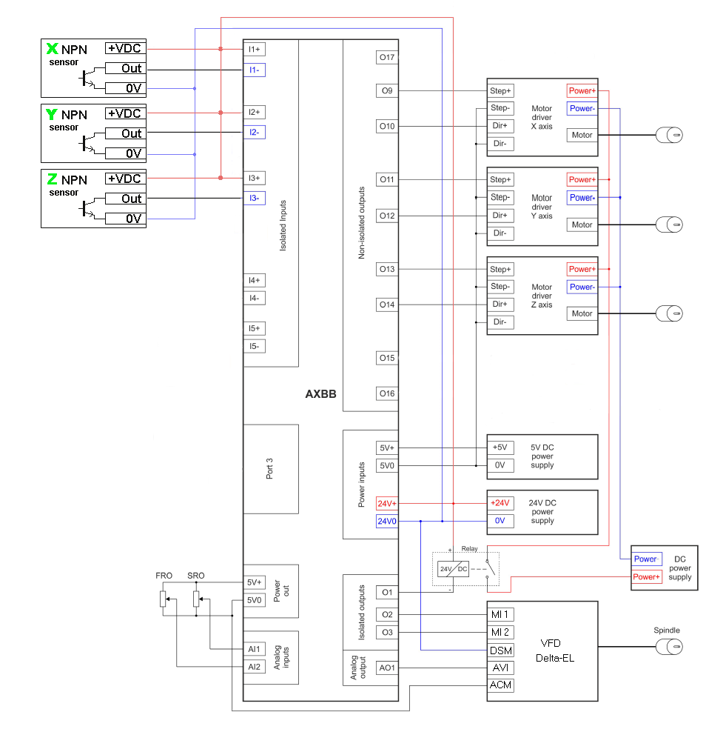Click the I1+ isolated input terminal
[255, 50]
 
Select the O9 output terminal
[387, 91]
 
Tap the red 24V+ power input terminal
[388, 503]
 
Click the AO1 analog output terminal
[387, 668]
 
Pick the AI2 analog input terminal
[255, 667]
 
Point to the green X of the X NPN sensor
[52, 49]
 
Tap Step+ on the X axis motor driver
[500, 91]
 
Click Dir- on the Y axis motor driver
[500, 233]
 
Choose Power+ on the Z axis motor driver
[582, 269]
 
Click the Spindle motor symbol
[670, 647]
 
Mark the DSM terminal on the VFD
[500, 650]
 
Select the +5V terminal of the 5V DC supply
[500, 447]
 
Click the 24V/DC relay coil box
[453, 570]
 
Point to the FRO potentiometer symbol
[164, 599]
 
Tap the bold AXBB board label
[320, 394]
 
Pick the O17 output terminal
[387, 57]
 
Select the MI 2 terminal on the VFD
[500, 632]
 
